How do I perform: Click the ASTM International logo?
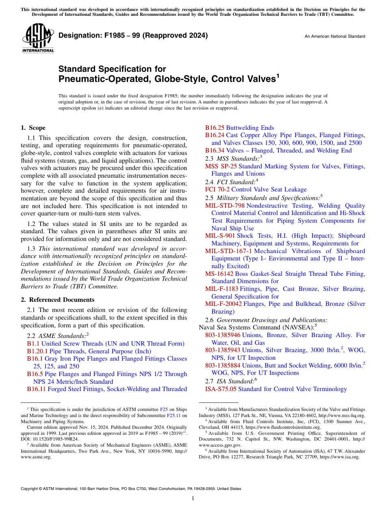38,38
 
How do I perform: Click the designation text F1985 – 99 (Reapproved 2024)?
133,35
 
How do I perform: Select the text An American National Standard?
335,37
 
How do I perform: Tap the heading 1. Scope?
33,128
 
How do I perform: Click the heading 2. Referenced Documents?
58,300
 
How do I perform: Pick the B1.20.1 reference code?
37,351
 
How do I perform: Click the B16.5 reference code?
35,374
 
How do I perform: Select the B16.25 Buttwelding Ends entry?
239,128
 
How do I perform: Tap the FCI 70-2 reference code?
217,189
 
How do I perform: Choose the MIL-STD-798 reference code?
225,206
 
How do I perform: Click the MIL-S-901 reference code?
220,236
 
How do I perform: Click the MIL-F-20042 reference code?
223,304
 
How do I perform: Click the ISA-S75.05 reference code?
221,389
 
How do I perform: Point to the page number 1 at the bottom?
193,498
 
